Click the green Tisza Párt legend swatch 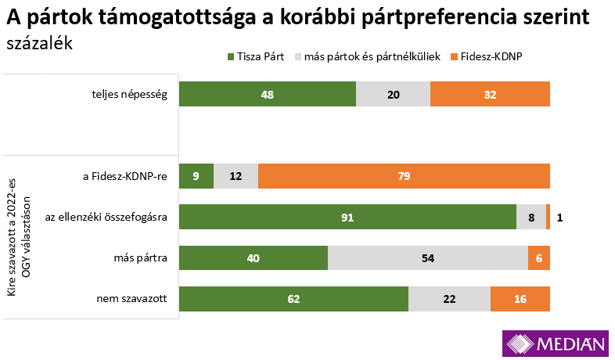pos(231,57)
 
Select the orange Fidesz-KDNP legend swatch pos(454,57)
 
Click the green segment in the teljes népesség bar pos(267,94)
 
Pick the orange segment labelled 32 pos(490,94)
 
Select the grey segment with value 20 pos(393,94)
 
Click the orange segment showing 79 pos(404,176)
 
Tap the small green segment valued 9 pos(196,176)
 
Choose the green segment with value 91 pos(347,217)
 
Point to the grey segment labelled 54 pos(427,257)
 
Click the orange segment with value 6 pos(539,257)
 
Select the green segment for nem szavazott pos(293,298)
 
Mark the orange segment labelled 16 pos(520,298)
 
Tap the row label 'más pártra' pos(142,257)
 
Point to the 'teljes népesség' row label pos(130,94)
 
